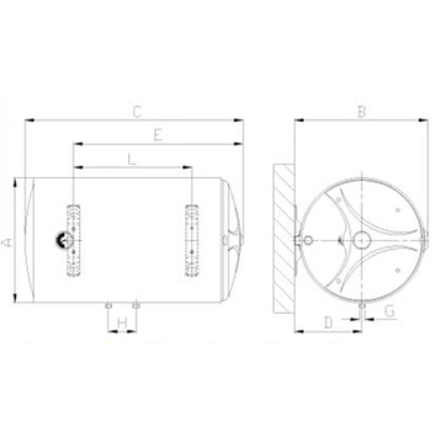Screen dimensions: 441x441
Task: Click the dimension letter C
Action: (x=138, y=112)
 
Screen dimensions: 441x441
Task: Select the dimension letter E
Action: (x=158, y=136)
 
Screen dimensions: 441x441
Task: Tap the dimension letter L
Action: (x=132, y=159)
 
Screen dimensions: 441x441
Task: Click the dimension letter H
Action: (x=122, y=323)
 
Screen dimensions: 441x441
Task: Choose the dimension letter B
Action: (x=362, y=112)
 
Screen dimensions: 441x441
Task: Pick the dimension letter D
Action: (x=328, y=323)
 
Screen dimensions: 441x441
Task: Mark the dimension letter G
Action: (x=389, y=311)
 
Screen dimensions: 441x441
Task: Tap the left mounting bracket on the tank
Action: (x=74, y=241)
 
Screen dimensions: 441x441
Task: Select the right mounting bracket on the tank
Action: (x=192, y=241)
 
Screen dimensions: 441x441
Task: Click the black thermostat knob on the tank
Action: (x=61, y=240)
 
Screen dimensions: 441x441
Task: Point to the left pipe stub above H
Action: (x=108, y=305)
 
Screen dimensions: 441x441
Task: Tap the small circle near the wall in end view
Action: (x=308, y=241)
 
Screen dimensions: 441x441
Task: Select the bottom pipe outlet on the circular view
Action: (x=362, y=305)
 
